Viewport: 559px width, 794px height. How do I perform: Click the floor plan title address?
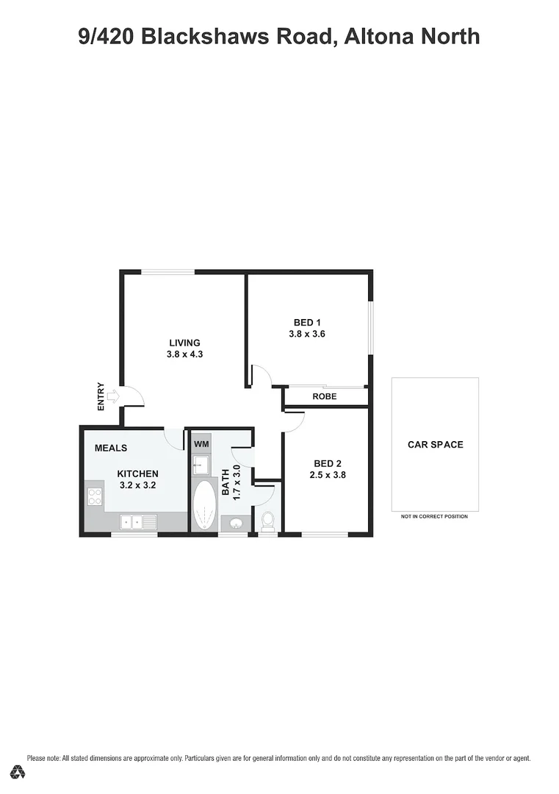[279, 36]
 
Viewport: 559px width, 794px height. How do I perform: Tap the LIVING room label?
[184, 343]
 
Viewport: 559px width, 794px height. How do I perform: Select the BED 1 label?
[307, 322]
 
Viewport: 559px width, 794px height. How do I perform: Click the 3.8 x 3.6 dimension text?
[307, 334]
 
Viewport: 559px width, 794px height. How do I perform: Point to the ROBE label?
[325, 396]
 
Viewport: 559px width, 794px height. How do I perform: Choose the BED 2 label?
[328, 463]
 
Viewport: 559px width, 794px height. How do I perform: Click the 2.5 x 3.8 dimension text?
[328, 475]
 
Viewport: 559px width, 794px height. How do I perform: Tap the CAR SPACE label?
[436, 445]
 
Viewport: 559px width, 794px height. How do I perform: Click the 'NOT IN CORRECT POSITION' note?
[434, 517]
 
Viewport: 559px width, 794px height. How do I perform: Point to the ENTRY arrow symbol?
[112, 398]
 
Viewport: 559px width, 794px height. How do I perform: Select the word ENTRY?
[101, 397]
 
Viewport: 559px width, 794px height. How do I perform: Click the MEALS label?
[111, 448]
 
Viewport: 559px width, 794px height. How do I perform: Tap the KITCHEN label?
[138, 473]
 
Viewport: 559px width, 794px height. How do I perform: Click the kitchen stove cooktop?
[94, 496]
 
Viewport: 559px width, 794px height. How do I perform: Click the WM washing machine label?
[201, 445]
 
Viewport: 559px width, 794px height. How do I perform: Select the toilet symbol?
[268, 521]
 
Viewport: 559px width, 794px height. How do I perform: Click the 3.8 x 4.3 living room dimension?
[184, 354]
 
